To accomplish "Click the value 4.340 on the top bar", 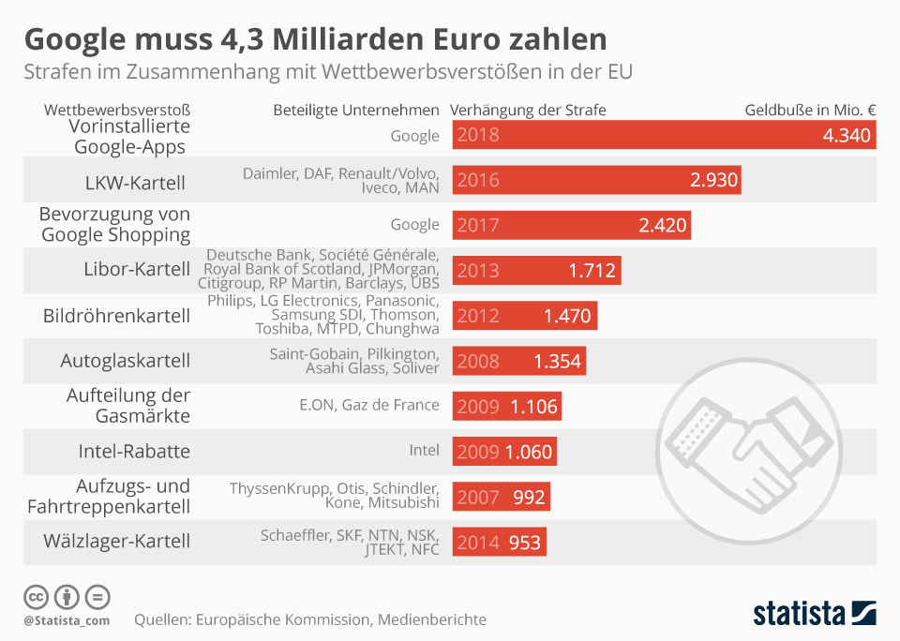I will (847, 135).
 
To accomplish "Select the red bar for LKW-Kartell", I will (596, 180).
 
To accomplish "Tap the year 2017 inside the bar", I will (478, 225).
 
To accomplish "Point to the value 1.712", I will (592, 271).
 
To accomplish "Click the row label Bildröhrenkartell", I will (117, 316).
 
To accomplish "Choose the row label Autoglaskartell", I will (125, 360).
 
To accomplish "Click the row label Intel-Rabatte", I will (134, 451).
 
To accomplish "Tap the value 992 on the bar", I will (529, 497).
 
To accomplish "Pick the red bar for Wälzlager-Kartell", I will (498, 542).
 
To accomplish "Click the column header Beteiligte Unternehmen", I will (355, 110).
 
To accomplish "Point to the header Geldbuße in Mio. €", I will (810, 110).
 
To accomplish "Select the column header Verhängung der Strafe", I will (528, 110).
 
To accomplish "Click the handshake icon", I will (740, 440).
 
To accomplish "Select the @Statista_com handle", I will (67, 619).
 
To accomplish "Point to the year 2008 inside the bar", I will (478, 361).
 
